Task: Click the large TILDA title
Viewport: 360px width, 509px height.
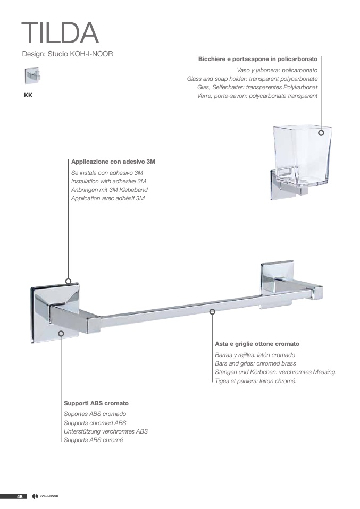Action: coord(60,32)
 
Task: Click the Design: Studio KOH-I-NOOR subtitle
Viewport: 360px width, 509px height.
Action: coord(68,54)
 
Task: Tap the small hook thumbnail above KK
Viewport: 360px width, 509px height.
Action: coord(32,77)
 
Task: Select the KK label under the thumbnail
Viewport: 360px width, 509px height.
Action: coord(28,96)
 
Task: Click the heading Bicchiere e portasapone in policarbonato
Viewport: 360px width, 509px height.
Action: coord(258,60)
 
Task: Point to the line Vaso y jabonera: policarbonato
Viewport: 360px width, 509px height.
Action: coord(277,70)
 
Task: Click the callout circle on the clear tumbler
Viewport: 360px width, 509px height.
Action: coord(321,133)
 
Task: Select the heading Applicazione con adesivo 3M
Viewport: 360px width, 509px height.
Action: coord(113,162)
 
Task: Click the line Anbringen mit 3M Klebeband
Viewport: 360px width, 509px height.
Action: coord(110,190)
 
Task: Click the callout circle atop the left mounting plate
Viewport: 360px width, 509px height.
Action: coord(69,281)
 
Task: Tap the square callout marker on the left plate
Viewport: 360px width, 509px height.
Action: coord(61,333)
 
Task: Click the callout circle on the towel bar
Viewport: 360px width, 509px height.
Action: coord(212,312)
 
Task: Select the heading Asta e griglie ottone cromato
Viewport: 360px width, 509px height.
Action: coord(257,344)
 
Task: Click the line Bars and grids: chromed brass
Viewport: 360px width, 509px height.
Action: coord(255,363)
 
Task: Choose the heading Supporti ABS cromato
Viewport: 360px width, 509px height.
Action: coord(96,403)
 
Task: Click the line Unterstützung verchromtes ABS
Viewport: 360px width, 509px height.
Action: coord(106,432)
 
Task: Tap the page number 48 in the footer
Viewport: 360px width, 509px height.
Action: coord(20,505)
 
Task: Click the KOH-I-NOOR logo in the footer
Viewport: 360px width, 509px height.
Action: coord(46,505)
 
